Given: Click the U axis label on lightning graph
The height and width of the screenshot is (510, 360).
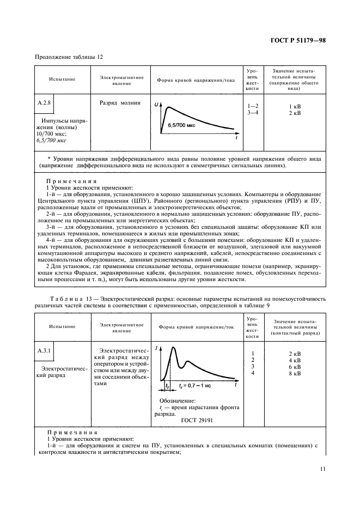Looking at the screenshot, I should [x=156, y=104].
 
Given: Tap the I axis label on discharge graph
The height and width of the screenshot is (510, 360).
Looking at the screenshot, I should [x=157, y=347].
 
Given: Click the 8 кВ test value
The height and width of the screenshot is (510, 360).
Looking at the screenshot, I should [x=294, y=373].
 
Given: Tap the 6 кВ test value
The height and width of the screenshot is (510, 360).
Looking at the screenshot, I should [x=294, y=367].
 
